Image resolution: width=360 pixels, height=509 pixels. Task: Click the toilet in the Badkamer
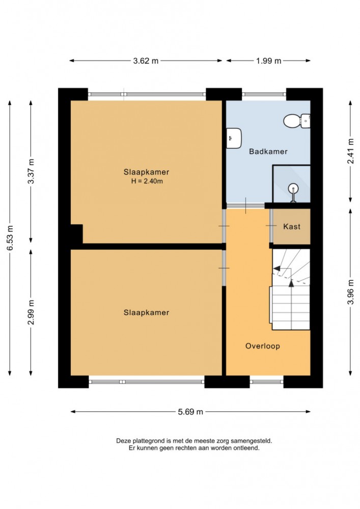click(297, 121)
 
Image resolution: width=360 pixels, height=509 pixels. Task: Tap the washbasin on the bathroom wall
click(234, 138)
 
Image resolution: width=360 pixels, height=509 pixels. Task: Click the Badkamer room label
click(268, 151)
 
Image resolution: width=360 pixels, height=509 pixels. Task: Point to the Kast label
click(292, 227)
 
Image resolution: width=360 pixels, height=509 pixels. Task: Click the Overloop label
click(262, 346)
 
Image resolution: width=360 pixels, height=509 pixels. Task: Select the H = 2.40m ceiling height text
click(147, 181)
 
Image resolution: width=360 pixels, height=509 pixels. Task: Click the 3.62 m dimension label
click(146, 61)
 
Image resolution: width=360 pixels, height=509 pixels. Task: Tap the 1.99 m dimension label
click(268, 61)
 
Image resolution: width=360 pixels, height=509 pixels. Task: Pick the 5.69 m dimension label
click(190, 412)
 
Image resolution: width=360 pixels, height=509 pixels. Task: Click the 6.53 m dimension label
click(10, 238)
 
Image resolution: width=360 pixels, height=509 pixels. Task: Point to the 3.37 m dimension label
click(31, 171)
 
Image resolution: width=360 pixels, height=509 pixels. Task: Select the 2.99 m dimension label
click(31, 312)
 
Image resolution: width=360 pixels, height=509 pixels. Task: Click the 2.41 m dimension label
click(351, 151)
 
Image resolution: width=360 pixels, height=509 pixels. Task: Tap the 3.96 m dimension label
click(351, 292)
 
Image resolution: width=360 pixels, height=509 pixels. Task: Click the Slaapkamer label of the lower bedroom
click(146, 312)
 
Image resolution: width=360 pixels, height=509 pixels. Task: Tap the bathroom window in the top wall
click(264, 94)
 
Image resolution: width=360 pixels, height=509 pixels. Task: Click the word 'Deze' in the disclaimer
click(123, 441)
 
